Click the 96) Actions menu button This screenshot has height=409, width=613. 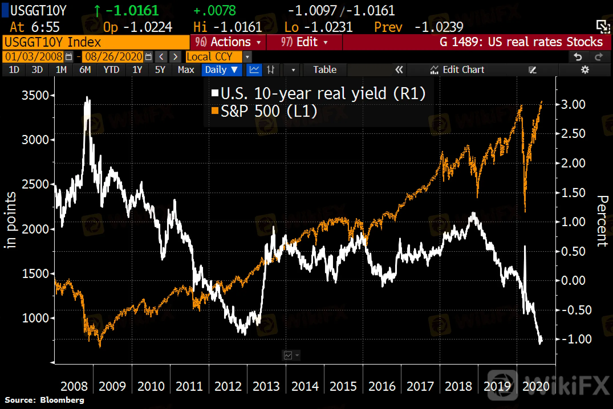(228, 42)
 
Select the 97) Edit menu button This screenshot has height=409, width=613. (304, 42)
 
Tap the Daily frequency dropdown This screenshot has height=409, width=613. (221, 70)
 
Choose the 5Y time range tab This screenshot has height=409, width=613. (160, 70)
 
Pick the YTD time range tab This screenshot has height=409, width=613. (111, 70)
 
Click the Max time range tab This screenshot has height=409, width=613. (186, 70)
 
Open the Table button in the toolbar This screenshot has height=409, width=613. (325, 70)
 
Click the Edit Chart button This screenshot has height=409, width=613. (457, 70)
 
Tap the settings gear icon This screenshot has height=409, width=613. (585, 70)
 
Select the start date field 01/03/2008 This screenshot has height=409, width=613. (34, 57)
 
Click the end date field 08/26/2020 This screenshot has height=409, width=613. (113, 57)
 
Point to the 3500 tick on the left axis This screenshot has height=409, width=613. (35, 95)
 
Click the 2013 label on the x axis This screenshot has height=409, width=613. (266, 386)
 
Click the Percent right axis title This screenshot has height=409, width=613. (602, 221)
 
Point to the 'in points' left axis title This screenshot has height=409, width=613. (11, 220)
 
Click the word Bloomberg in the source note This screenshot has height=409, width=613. (62, 400)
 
